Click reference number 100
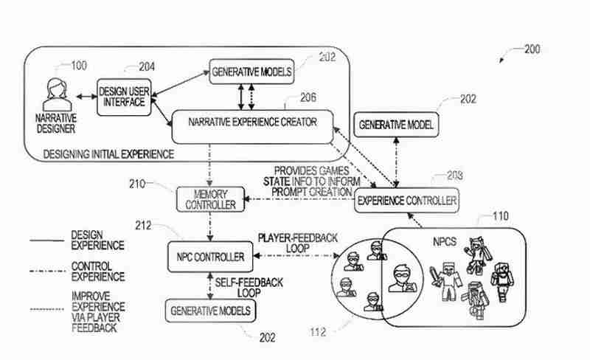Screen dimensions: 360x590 click(x=77, y=66)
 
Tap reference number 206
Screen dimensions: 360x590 click(x=309, y=97)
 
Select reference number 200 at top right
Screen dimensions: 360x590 click(x=531, y=49)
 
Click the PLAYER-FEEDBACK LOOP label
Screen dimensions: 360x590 click(x=297, y=243)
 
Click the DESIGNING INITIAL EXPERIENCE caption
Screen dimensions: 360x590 click(x=108, y=154)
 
